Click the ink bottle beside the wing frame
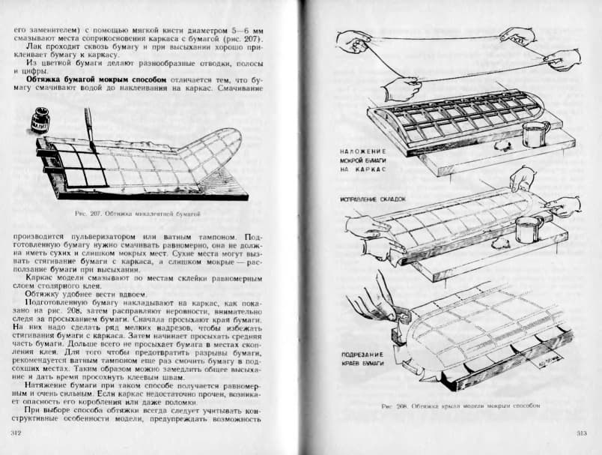(38, 119)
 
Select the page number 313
(582, 434)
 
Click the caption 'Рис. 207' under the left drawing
(139, 214)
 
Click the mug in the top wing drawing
(535, 134)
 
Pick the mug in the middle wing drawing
(528, 229)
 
